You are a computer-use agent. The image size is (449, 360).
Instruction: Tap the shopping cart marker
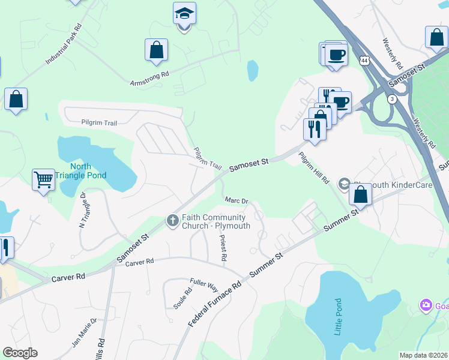click(44, 179)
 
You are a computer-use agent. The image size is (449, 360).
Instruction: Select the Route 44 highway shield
click(364, 61)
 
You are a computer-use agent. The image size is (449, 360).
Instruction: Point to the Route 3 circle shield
click(391, 99)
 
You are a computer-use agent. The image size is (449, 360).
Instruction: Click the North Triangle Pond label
click(88, 171)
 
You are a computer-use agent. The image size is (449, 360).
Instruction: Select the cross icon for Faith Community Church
click(172, 221)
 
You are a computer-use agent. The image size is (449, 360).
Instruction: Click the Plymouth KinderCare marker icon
click(345, 184)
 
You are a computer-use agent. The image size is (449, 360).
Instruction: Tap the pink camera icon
click(427, 306)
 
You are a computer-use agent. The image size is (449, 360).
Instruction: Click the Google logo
click(20, 353)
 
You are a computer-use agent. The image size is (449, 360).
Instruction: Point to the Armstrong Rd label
click(150, 79)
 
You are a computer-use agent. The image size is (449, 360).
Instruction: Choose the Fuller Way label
click(203, 283)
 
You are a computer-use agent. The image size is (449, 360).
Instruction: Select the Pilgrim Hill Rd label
click(315, 167)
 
